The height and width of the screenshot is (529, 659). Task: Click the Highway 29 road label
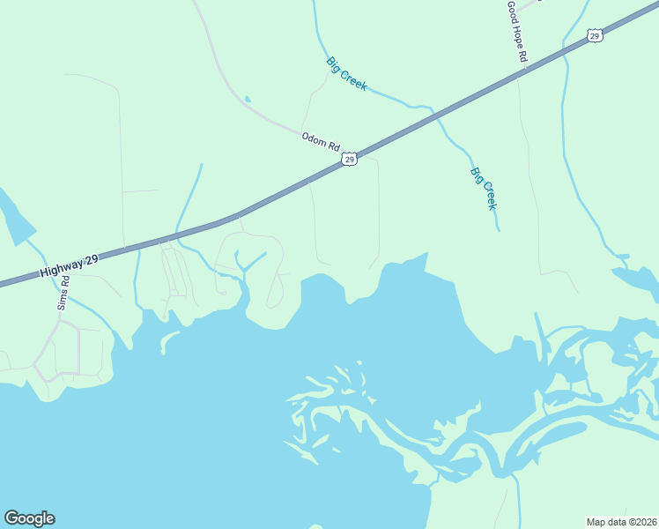tap(69, 264)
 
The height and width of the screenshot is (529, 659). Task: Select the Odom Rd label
tap(321, 142)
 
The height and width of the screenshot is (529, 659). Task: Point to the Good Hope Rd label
tap(517, 31)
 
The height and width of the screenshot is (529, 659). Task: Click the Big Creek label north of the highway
tap(346, 74)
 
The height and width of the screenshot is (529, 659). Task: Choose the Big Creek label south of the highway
tap(484, 189)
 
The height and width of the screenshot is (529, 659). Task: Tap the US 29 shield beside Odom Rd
tap(350, 159)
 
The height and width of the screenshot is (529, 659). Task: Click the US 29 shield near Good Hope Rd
tap(595, 35)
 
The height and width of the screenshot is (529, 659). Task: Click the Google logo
tap(29, 518)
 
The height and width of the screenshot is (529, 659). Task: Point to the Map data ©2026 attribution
tap(621, 521)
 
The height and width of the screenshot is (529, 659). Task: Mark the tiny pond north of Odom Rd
tap(248, 99)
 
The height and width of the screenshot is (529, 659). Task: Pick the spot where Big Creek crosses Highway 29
tap(433, 113)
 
